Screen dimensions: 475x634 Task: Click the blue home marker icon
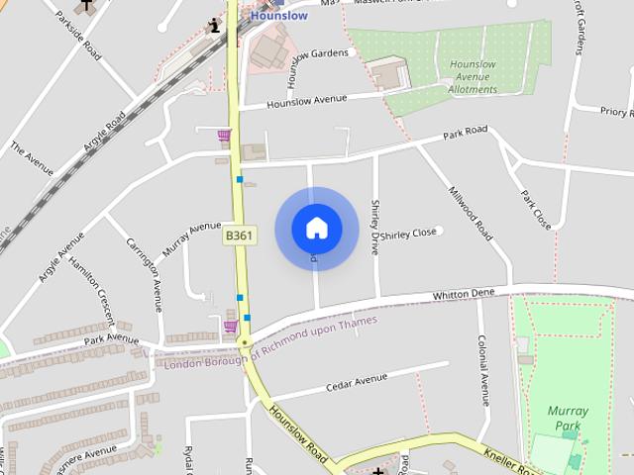[x=317, y=229]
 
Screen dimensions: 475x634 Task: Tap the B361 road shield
[x=238, y=237]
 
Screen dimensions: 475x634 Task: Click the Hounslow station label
[x=278, y=16]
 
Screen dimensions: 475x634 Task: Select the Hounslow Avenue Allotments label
[x=473, y=77]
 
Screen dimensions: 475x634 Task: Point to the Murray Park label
[x=568, y=418]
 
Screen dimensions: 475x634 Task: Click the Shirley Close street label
[x=409, y=234]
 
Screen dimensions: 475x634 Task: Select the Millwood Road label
[x=470, y=214]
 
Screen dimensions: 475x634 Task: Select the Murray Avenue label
[x=191, y=238]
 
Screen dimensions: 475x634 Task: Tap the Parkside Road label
[x=78, y=34]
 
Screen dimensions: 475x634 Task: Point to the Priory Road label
[x=616, y=113]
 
